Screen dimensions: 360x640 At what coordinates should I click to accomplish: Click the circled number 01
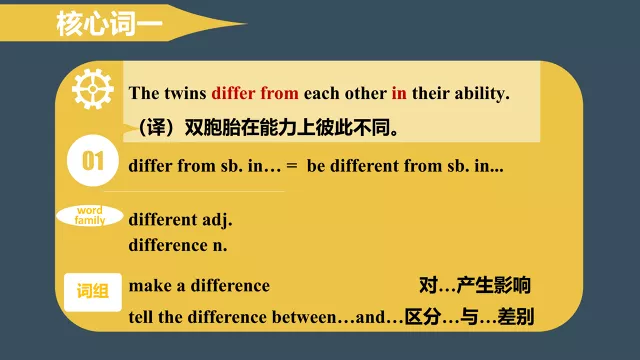point(93,162)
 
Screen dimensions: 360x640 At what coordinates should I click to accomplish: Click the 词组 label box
point(93,291)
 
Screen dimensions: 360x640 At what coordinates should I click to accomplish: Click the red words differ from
point(255,94)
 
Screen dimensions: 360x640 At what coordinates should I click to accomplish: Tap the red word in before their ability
point(398,94)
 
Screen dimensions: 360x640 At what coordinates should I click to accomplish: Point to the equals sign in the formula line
point(292,166)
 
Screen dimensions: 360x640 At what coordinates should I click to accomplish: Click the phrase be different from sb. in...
point(405,166)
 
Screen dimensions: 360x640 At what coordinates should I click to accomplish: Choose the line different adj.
point(181,220)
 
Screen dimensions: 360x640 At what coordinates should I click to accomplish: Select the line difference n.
point(179,243)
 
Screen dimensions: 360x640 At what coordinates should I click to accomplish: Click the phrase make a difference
point(200,286)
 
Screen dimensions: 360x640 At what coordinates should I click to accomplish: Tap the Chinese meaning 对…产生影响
point(474,286)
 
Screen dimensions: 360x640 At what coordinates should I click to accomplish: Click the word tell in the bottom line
point(142,318)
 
